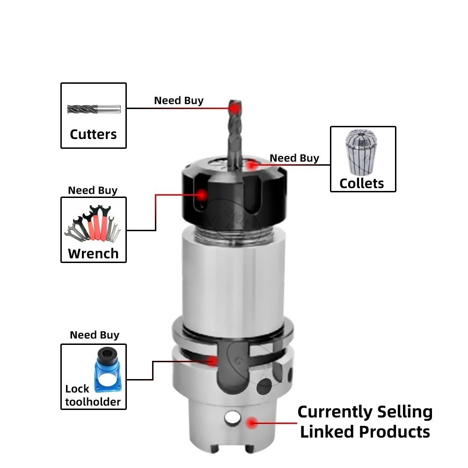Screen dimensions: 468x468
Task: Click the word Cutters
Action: coord(93,134)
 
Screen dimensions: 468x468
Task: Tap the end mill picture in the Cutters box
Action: coord(94,109)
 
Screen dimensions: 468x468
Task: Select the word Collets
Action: coord(361,183)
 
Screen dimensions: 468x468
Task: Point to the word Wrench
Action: coord(93,254)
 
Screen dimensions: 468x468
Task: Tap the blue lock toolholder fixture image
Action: coord(108,370)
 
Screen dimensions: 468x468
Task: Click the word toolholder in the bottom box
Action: coord(93,402)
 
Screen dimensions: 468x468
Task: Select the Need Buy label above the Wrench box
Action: coord(93,190)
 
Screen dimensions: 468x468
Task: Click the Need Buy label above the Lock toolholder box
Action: coord(95,335)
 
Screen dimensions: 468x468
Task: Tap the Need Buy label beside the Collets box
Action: coord(294,158)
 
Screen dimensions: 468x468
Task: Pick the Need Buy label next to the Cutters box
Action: coord(179,101)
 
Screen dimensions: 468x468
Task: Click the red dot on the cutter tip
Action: coord(235,109)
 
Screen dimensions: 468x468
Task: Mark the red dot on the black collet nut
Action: coord(202,195)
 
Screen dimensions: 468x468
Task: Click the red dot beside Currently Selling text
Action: coord(252,423)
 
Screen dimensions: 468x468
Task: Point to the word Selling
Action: coord(405,412)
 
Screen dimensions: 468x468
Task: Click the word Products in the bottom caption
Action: coord(394,431)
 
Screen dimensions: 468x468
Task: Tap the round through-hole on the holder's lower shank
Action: coord(233,417)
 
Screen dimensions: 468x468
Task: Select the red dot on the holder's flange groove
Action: coord(212,361)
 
